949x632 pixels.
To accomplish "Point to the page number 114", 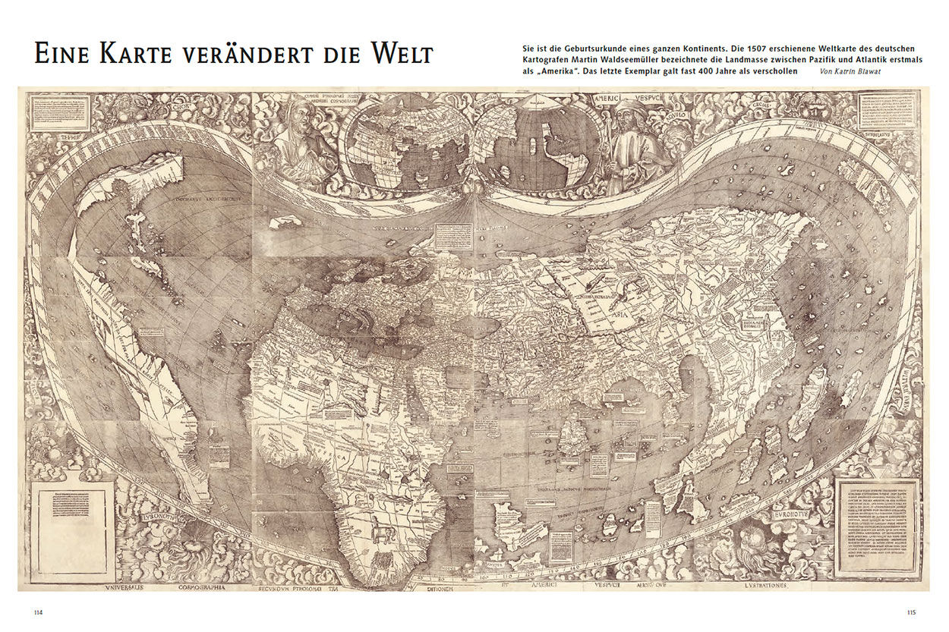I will point(39,612).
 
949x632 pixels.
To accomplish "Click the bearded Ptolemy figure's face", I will point(300,118).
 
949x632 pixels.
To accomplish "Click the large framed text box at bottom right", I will point(877,525).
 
